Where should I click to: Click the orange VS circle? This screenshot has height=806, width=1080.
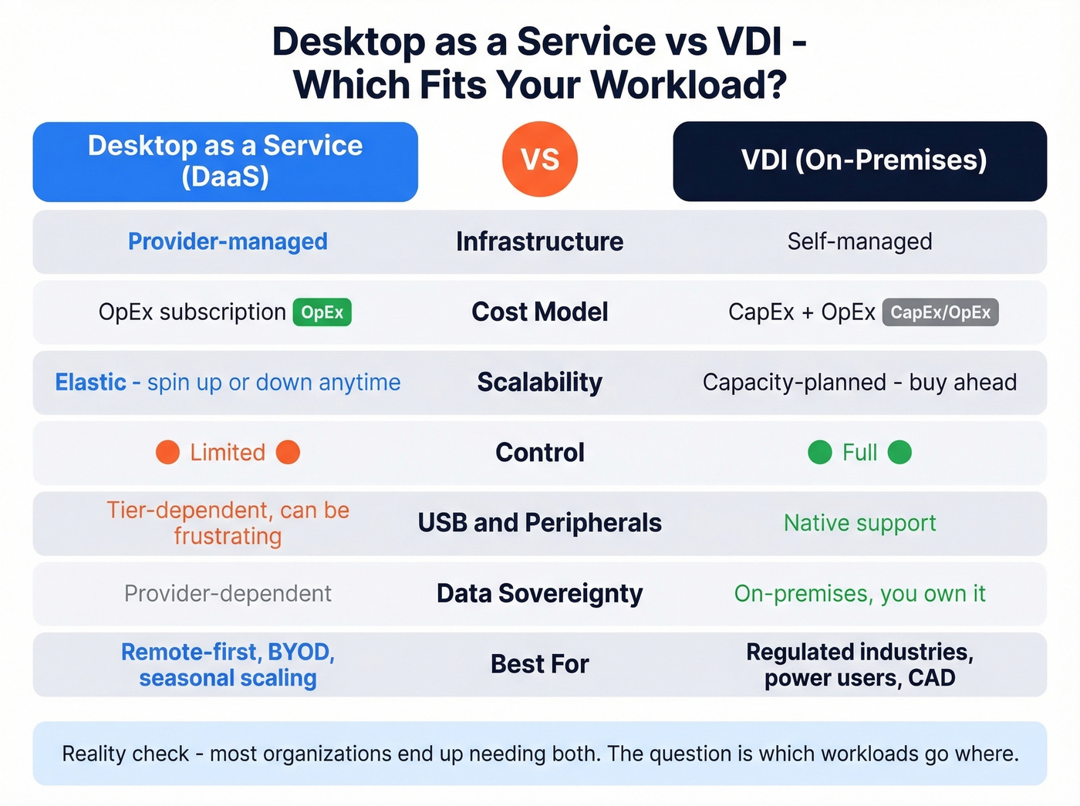(539, 160)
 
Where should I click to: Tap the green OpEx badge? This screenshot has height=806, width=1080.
(322, 312)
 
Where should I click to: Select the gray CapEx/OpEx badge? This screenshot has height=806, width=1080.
(940, 312)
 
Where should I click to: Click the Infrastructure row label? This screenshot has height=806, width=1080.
(539, 241)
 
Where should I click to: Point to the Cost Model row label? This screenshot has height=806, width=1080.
(539, 312)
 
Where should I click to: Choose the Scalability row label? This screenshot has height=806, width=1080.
(539, 383)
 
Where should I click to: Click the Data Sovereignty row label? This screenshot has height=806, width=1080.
(539, 593)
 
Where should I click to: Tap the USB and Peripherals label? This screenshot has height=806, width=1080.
(539, 523)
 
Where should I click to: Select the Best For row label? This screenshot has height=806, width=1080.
(539, 664)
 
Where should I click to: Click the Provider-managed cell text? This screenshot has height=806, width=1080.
(228, 241)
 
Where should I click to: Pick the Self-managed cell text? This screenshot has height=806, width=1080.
(859, 241)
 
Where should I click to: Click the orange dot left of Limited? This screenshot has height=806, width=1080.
(167, 453)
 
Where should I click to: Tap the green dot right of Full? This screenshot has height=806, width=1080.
(899, 453)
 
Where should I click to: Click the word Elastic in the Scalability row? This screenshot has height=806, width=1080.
(90, 383)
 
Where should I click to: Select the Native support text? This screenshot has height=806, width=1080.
(859, 523)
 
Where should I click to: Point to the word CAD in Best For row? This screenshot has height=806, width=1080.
(931, 678)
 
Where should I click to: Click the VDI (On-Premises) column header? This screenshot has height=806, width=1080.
(859, 160)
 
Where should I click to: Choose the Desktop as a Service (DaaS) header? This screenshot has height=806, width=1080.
(225, 161)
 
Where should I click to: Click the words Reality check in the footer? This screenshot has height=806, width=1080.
(125, 754)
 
